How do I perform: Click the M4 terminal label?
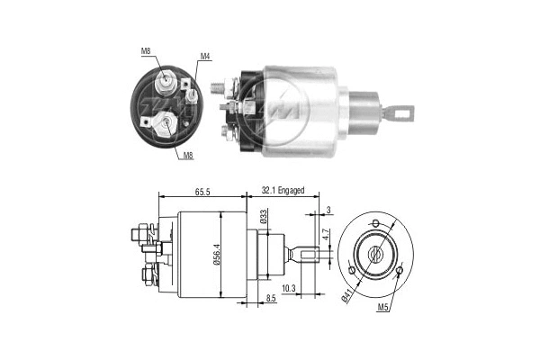pyautogui.click(x=205, y=57)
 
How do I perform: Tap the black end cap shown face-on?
pyautogui.click(x=166, y=107)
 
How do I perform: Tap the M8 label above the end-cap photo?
pyautogui.click(x=146, y=50)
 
